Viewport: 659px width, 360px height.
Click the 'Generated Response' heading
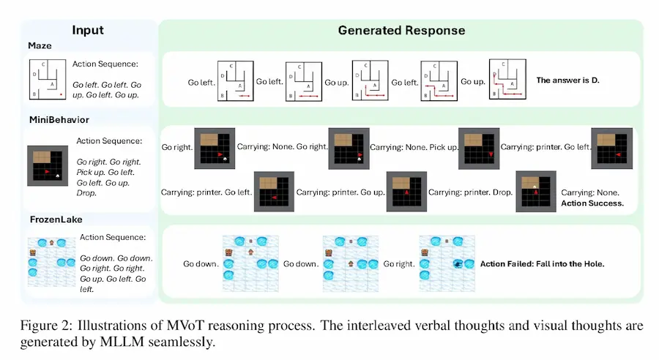[401, 30]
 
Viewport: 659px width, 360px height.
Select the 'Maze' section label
[40, 45]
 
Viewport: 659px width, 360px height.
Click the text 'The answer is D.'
[567, 80]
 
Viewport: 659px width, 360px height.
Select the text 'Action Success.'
[592, 203]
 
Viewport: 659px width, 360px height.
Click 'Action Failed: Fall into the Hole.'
[543, 263]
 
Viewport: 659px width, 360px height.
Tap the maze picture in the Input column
[47, 80]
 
